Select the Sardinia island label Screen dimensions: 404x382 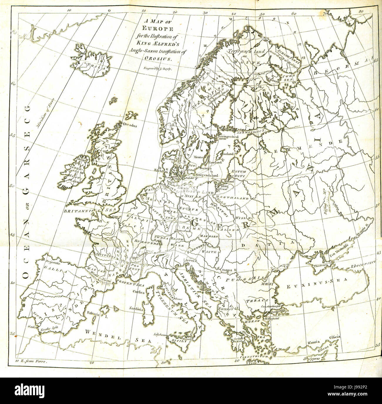point(135,309)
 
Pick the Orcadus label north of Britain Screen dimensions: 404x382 point(130,124)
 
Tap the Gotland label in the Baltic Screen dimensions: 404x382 point(228,154)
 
